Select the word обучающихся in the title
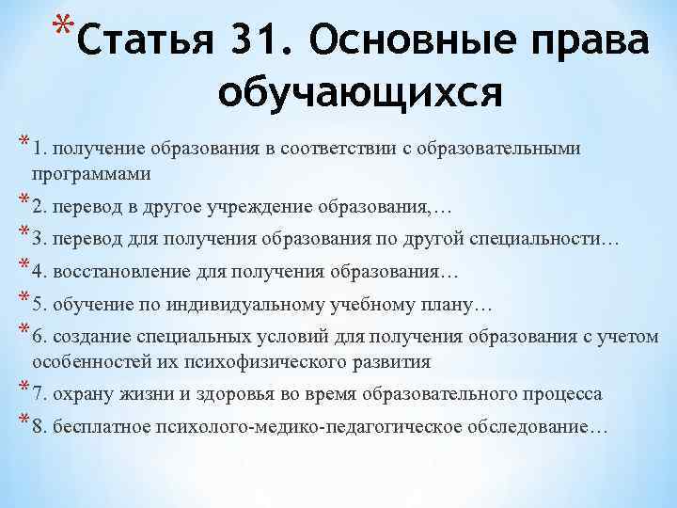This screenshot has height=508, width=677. pos(360,92)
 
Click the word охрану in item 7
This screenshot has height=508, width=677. pos(82,393)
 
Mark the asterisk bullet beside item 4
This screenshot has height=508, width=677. pos(21,268)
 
